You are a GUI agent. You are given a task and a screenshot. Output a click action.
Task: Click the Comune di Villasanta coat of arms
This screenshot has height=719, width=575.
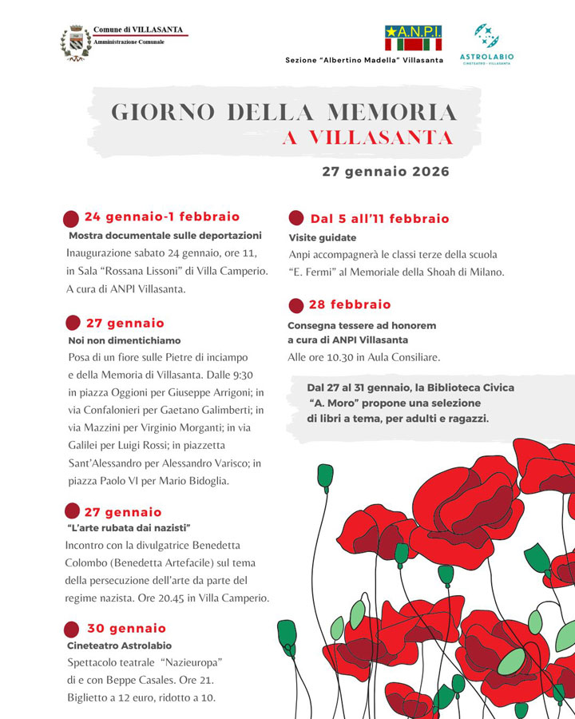75,43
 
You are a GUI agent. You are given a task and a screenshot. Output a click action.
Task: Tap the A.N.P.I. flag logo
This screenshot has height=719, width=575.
413,38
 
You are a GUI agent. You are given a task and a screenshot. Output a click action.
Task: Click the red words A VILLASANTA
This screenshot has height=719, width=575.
367,137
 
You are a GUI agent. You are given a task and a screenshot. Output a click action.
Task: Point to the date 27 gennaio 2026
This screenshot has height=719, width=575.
386,171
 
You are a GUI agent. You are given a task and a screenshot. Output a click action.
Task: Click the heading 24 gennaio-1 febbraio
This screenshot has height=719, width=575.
161,216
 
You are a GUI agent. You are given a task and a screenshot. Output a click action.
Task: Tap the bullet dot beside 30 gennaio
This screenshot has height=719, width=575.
72,629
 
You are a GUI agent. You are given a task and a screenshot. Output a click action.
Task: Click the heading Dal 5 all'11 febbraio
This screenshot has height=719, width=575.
379,219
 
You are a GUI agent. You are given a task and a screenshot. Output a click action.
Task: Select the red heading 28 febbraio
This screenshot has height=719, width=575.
350,304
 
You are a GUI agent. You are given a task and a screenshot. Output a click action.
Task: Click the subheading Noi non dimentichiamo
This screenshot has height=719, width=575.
125,340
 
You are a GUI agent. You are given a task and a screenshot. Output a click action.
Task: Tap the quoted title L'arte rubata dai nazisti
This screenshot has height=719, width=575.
129,528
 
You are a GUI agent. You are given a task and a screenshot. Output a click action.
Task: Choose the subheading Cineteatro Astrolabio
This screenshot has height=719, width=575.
119,645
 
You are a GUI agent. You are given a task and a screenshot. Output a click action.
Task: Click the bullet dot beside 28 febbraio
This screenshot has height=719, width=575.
295,305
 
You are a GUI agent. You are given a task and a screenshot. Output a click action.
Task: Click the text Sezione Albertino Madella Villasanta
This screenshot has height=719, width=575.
364,61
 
